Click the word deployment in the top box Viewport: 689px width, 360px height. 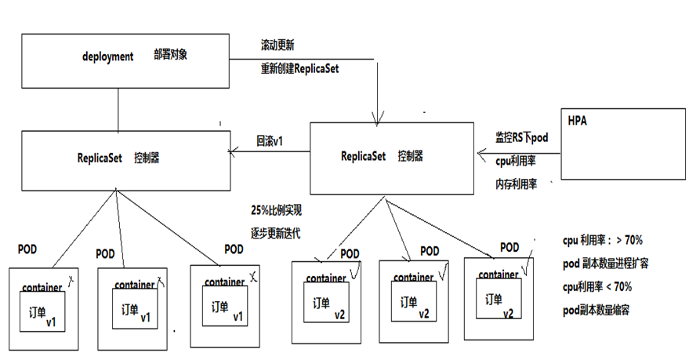coord(108,57)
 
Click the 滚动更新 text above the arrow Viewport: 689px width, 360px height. coord(277,45)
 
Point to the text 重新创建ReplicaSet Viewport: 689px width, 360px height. coord(299,68)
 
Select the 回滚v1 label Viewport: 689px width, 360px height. coord(269,141)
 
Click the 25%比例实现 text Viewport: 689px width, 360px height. coord(276,211)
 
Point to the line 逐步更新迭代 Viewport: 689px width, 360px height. coord(276,233)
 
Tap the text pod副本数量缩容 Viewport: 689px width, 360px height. coord(596,310)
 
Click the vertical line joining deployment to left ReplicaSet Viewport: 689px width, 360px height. coord(118,109)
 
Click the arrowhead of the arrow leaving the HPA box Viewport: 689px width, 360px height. coord(480,154)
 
